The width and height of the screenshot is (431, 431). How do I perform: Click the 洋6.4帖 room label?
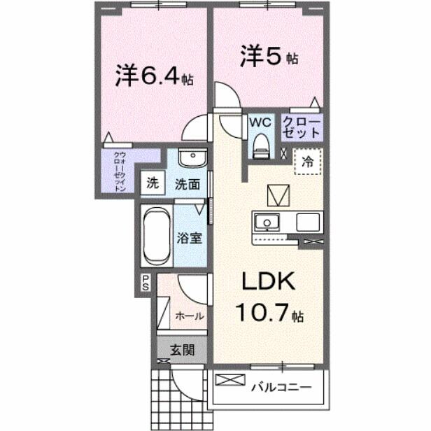tap(154, 76)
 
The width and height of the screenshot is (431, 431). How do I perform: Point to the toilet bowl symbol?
tap(260, 145)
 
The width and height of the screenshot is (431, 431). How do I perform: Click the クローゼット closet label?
tap(302, 127)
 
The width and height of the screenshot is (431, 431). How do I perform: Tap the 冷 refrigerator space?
tap(307, 160)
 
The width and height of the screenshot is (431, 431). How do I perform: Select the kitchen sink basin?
tap(266, 223)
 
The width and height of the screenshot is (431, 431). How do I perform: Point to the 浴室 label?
tap(190, 238)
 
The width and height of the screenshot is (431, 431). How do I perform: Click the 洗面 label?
tap(188, 185)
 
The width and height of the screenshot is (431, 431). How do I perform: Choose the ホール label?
tap(189, 316)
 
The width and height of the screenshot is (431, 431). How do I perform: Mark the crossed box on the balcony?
tap(229, 382)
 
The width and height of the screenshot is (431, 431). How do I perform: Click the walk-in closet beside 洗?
tap(120, 171)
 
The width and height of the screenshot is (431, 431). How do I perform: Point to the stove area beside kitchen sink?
tap(307, 223)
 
